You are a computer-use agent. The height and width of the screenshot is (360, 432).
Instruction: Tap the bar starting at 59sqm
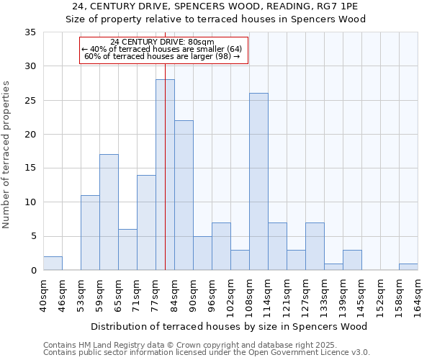click(109, 212)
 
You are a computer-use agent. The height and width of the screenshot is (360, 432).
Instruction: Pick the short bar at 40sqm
click(53, 264)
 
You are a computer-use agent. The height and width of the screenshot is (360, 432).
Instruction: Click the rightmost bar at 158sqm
click(408, 266)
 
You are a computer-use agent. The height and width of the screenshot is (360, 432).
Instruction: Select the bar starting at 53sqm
click(90, 233)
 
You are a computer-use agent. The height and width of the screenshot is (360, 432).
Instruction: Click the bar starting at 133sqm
click(333, 266)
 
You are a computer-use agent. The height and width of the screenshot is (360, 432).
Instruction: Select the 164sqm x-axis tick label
click(418, 295)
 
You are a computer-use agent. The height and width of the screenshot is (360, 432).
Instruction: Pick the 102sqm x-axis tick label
click(230, 295)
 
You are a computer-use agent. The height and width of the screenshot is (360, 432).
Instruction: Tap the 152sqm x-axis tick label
click(380, 295)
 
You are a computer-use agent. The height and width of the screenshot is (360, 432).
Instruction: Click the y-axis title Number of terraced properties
click(6, 155)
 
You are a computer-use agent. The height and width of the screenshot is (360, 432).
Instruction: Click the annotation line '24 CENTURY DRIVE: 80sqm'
click(163, 42)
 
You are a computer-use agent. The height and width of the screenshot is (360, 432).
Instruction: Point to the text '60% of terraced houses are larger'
click(162, 56)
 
